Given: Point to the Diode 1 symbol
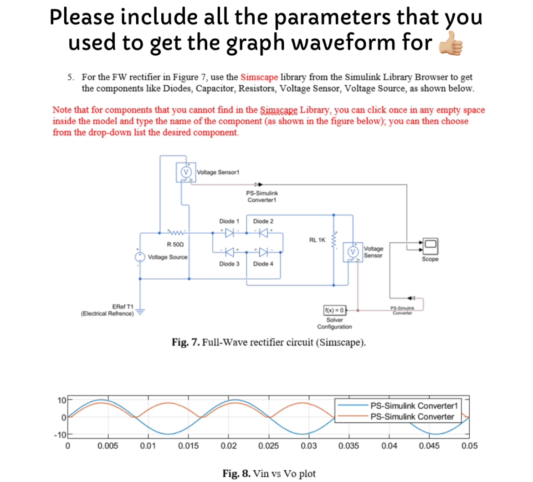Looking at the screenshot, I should (x=230, y=232).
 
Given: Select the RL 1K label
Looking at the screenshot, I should (x=317, y=240).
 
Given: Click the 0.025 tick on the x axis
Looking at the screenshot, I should (x=267, y=446).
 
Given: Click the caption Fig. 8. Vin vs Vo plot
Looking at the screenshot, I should (x=268, y=473).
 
